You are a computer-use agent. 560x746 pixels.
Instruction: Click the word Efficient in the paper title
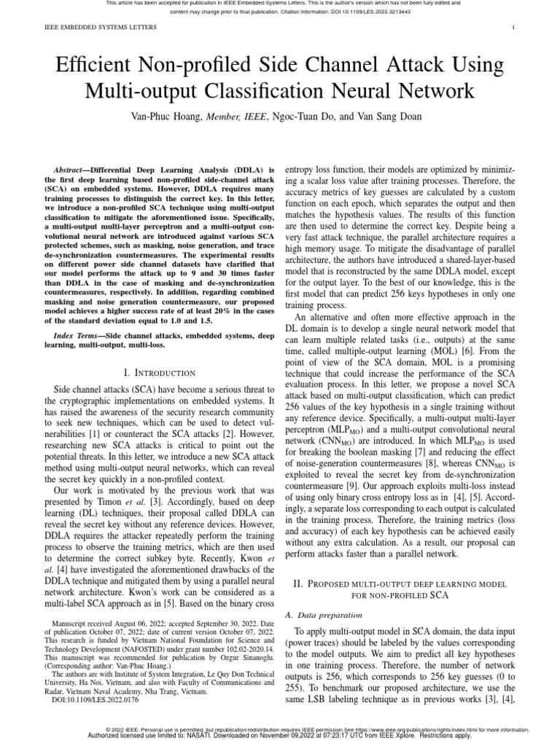92,66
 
